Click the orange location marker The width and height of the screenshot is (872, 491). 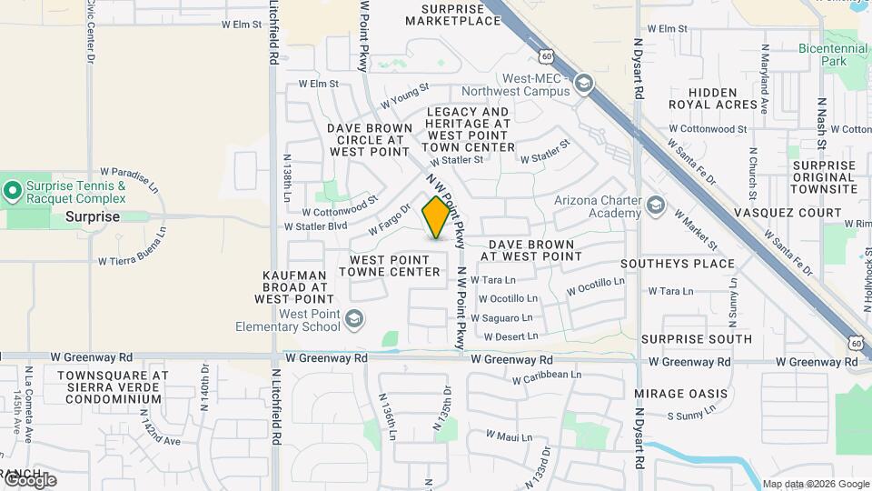tap(436, 216)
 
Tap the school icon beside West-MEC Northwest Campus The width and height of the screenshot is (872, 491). tap(583, 85)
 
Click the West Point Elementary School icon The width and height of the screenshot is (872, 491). tap(354, 319)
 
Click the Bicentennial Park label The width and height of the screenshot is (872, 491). tap(834, 54)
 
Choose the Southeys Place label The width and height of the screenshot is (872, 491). tap(677, 264)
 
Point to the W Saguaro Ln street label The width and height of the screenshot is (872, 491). tap(501, 317)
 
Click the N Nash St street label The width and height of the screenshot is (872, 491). tap(820, 124)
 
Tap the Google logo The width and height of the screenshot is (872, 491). tap(29, 480)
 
